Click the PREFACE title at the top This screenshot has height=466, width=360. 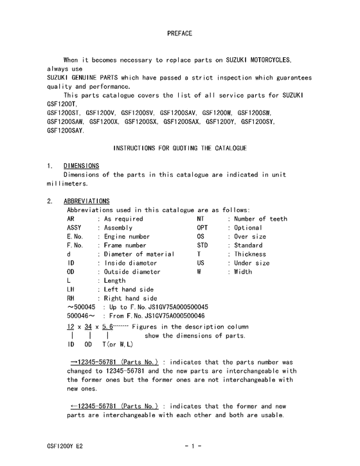pyautogui.click(x=179, y=32)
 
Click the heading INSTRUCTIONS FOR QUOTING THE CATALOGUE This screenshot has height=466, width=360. pyautogui.click(x=180, y=148)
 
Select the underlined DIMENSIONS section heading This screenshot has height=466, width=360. pyautogui.click(x=81, y=166)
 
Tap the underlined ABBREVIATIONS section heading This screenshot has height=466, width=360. pyautogui.click(x=87, y=201)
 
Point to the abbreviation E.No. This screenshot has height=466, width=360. pyautogui.click(x=75, y=237)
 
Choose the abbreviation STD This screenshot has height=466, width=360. pyautogui.click(x=203, y=246)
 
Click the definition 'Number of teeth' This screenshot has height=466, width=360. pyautogui.click(x=260, y=219)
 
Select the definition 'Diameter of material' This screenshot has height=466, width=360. pyautogui.click(x=139, y=255)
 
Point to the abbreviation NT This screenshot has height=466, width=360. pyautogui.click(x=201, y=219)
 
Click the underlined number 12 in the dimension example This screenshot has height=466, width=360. pyautogui.click(x=71, y=327)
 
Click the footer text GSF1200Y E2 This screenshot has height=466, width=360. pyautogui.click(x=65, y=445)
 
